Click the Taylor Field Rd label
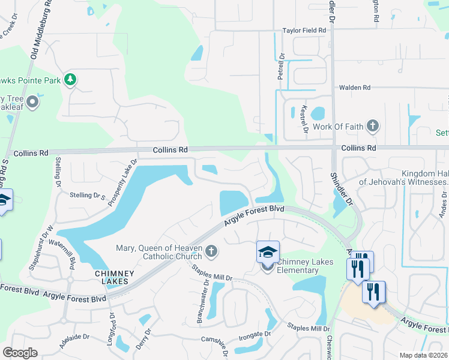[304, 30]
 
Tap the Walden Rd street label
[354, 88]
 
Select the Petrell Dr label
[281, 67]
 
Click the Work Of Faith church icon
[373, 126]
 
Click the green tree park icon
[71, 79]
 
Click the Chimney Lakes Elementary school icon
[268, 252]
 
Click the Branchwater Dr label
[203, 301]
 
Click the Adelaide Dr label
[74, 341]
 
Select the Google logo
[20, 353]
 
